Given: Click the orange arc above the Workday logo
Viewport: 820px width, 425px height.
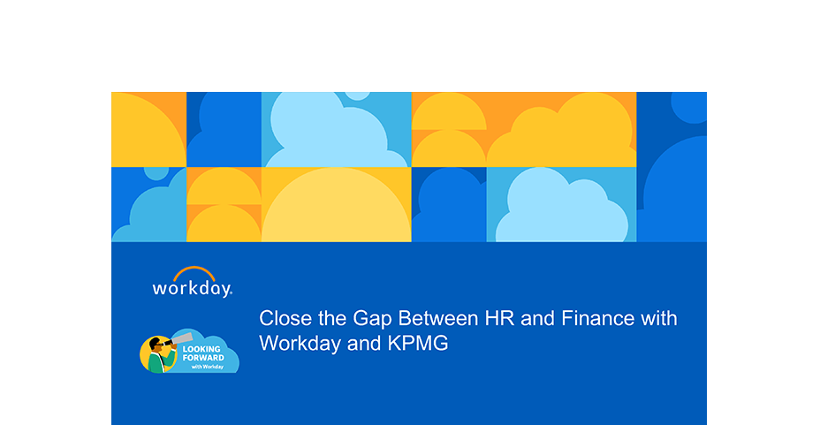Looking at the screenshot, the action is pos(194,269).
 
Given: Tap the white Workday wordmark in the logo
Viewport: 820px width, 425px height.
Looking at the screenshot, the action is pos(192,289).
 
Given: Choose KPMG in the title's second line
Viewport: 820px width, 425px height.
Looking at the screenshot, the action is pos(418,344).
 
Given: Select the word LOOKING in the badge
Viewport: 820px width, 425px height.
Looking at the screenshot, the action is pos(201,349).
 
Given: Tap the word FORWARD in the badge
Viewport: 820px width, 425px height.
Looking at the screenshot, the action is pos(203,358).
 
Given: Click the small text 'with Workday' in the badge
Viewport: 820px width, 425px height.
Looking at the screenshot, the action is pos(208,367).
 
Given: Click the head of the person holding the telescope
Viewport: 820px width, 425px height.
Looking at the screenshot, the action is pos(156,345).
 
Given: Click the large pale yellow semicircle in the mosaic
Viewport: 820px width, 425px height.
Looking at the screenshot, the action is pos(337,207).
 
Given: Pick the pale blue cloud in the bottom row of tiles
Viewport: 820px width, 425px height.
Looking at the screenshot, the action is pos(562,207).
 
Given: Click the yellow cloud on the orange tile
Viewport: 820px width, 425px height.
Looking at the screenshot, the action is pos(561,133).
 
